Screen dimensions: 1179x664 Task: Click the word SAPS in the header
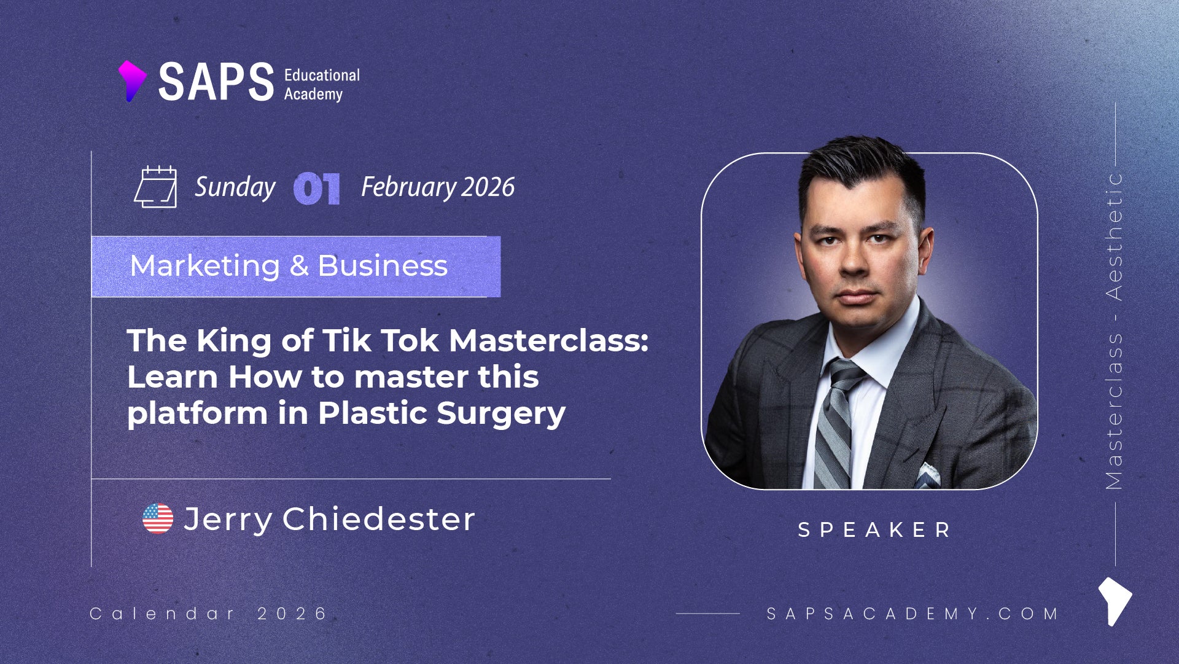216,82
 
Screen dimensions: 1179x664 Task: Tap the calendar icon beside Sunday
156,187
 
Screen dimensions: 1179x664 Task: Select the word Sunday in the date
235,187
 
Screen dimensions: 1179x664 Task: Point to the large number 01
317,188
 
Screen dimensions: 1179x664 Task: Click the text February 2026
438,187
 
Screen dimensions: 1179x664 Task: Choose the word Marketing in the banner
205,266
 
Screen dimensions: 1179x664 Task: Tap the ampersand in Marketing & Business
299,265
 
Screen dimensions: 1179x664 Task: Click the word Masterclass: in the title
548,340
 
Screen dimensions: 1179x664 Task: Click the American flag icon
158,518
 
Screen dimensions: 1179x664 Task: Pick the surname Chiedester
378,519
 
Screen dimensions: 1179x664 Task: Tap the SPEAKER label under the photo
874,529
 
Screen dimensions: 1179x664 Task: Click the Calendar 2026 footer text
209,613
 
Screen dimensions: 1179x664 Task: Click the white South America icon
1115,601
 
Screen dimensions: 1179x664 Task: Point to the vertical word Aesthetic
1114,236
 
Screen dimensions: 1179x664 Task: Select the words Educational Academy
322,84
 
